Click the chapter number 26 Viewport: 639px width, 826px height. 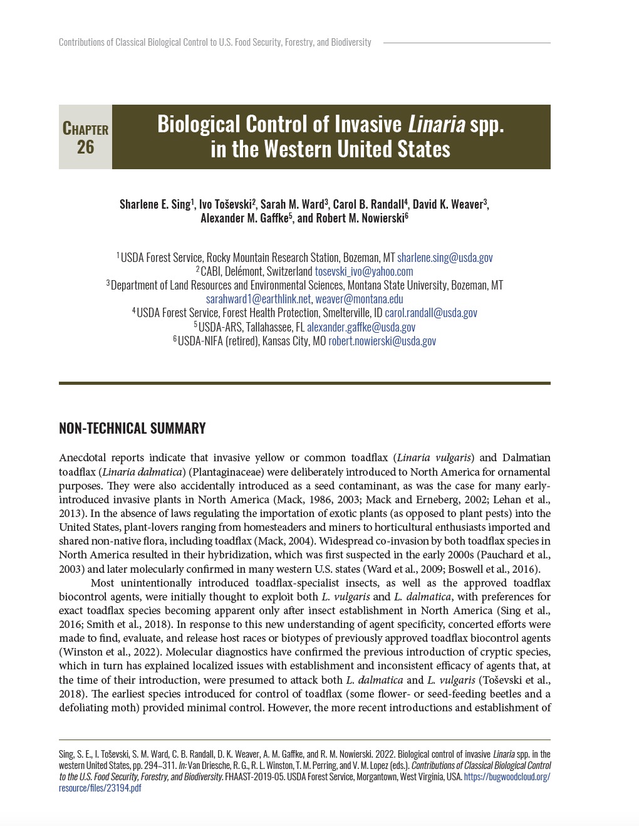[85, 147]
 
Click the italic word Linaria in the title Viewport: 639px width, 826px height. [437, 124]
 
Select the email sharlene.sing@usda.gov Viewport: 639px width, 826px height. [445, 258]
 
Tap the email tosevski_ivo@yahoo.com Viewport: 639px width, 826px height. [363, 271]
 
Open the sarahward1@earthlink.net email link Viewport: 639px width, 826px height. [258, 299]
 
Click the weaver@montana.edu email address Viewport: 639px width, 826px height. [359, 299]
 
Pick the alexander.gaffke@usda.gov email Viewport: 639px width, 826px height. [361, 327]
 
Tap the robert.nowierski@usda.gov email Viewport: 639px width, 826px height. [382, 341]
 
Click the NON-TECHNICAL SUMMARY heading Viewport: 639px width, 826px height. [132, 428]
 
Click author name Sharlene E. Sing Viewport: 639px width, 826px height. [155, 204]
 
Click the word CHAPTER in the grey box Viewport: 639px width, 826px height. [85, 129]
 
